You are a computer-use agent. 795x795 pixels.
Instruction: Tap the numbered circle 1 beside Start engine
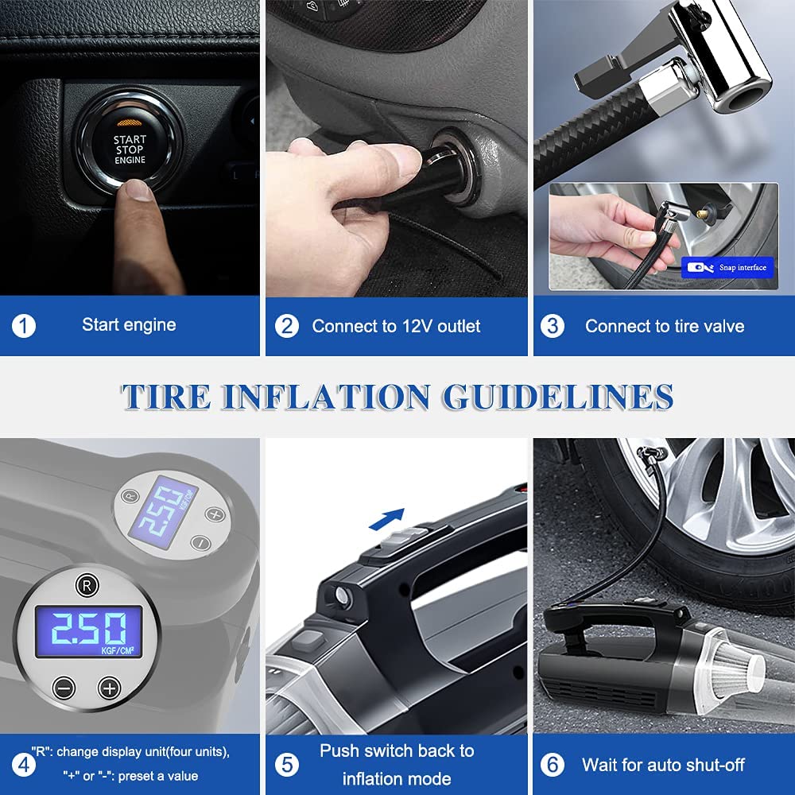(x=24, y=326)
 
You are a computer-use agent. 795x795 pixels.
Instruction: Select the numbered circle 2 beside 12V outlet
(x=287, y=326)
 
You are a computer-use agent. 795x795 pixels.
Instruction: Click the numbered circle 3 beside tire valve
(x=553, y=326)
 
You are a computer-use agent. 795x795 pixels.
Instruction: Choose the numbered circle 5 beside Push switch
(x=287, y=765)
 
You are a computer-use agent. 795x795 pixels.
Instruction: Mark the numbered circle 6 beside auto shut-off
(x=553, y=765)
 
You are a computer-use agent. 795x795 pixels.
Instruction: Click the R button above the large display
(x=87, y=585)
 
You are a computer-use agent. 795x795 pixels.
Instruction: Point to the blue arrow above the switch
(x=387, y=519)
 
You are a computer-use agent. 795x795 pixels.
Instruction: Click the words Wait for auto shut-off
(x=662, y=765)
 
